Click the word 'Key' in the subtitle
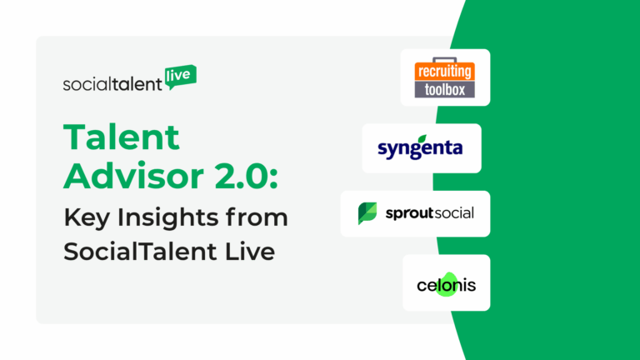(85, 217)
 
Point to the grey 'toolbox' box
(445, 89)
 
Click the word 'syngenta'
(421, 151)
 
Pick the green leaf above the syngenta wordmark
(422, 138)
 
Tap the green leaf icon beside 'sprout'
(367, 213)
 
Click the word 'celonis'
(446, 286)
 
